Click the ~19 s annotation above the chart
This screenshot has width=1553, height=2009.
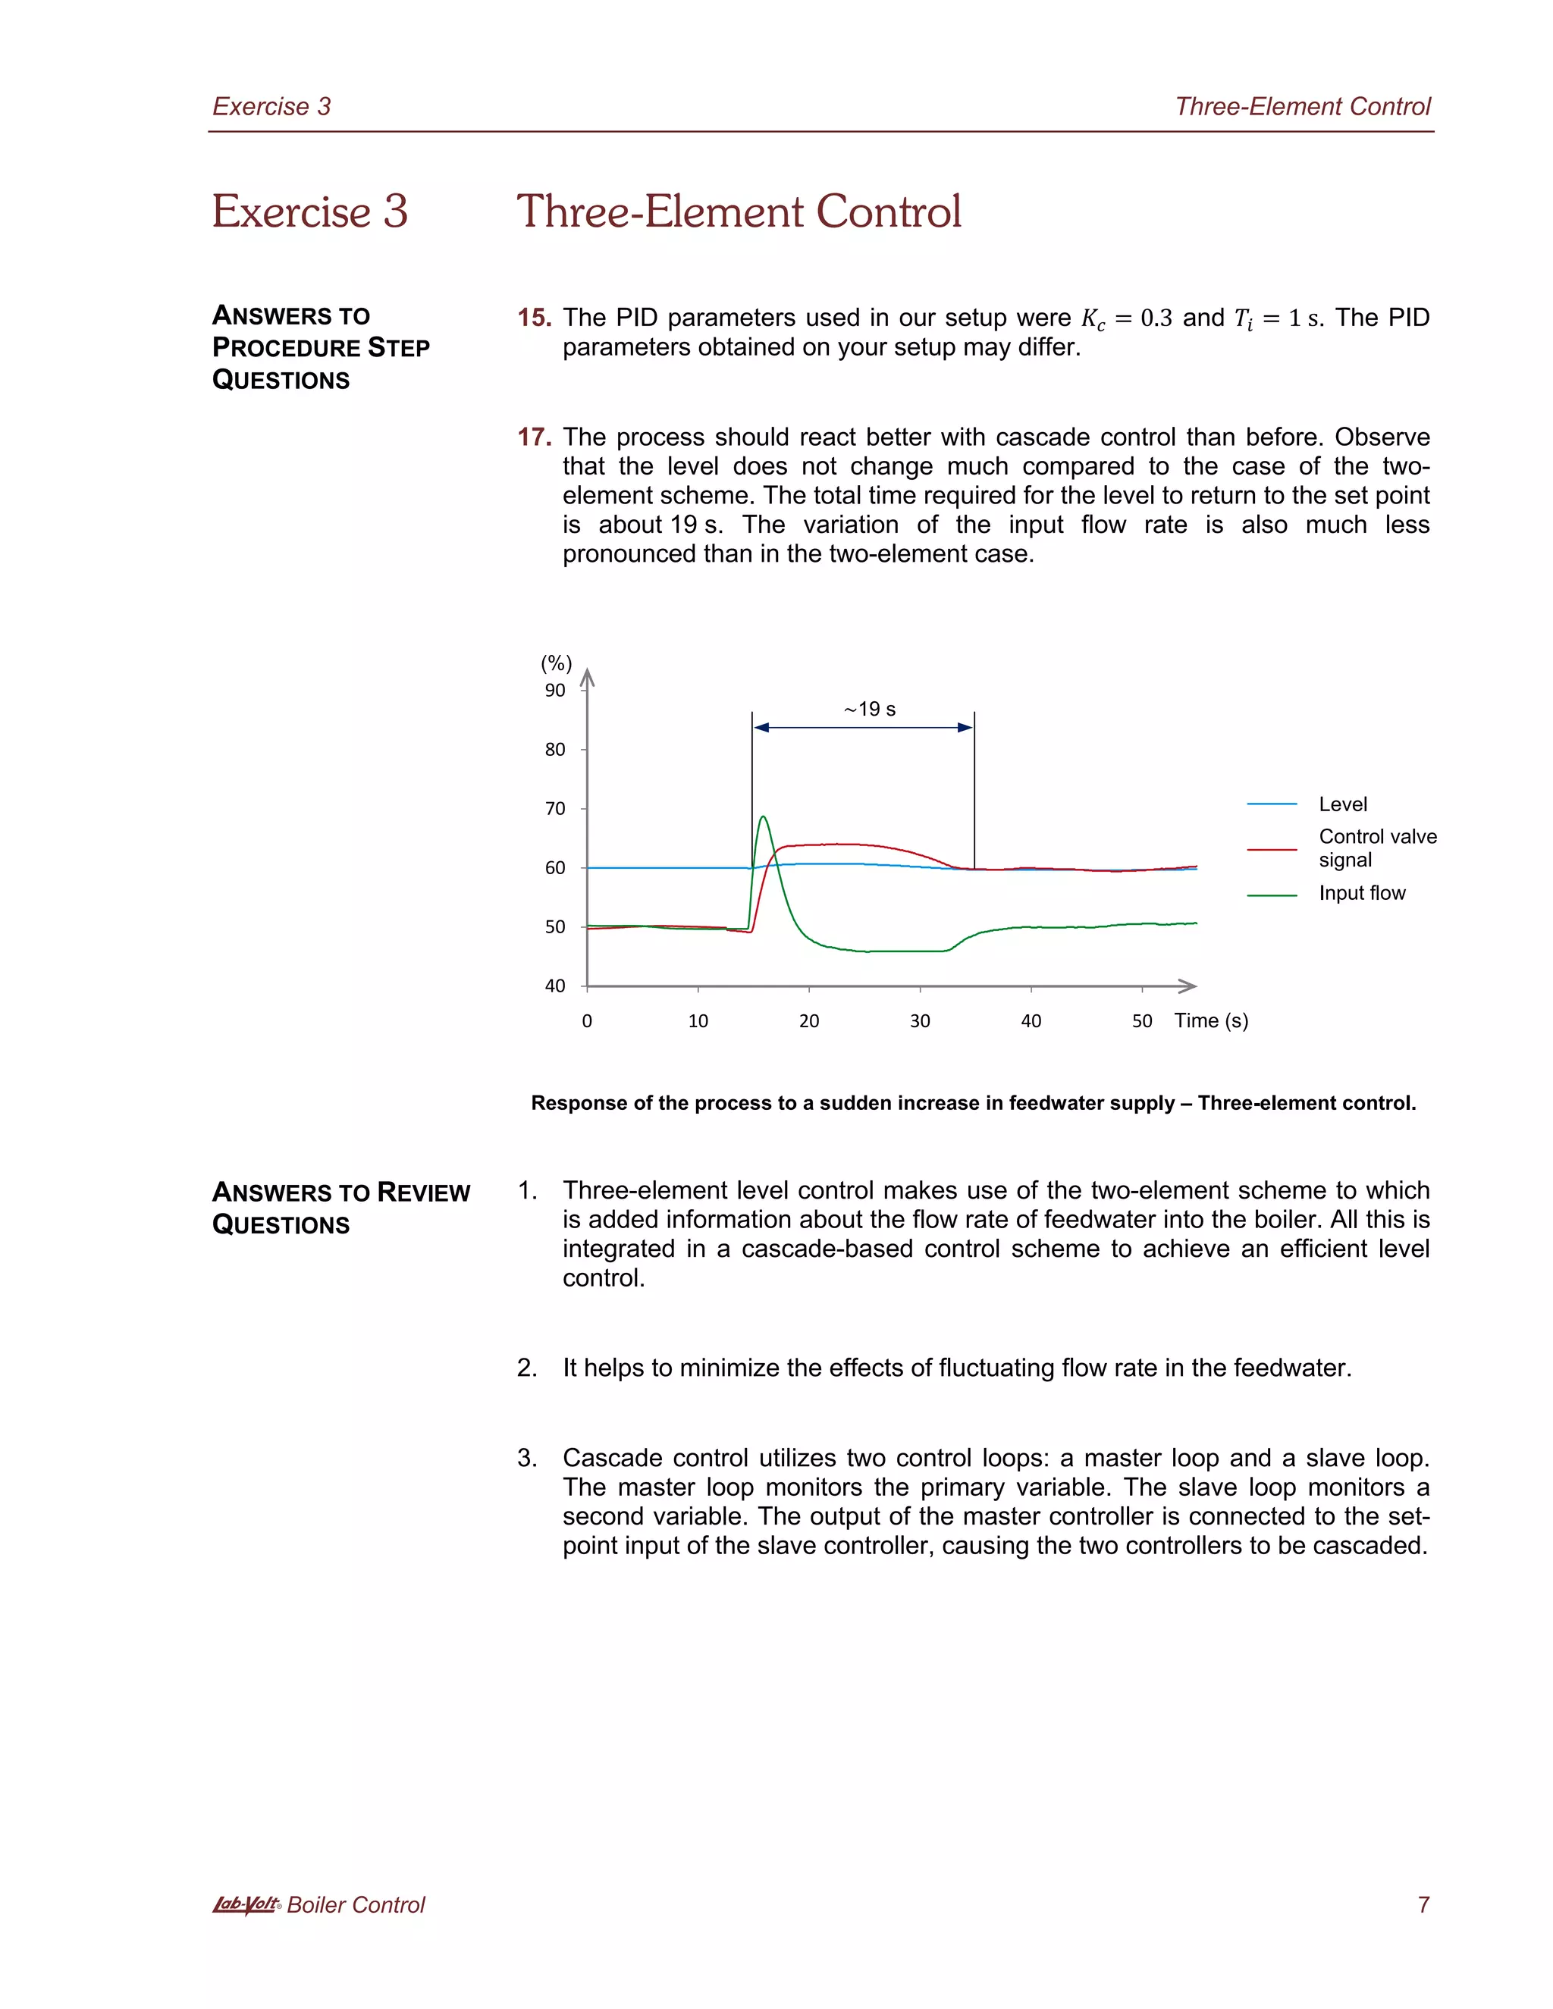pyautogui.click(x=870, y=710)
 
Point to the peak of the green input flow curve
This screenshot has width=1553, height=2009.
pyautogui.click(x=763, y=816)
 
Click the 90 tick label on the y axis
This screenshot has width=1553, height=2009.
pyautogui.click(x=555, y=691)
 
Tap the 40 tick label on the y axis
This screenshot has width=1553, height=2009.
pyautogui.click(x=555, y=986)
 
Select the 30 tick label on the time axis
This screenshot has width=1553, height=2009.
pyautogui.click(x=920, y=1021)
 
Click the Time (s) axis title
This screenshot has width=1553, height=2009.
pyautogui.click(x=1211, y=1020)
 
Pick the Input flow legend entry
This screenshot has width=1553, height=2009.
pyautogui.click(x=1362, y=893)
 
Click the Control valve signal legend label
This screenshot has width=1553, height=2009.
pyautogui.click(x=1376, y=848)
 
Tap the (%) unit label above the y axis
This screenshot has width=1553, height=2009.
pyautogui.click(x=556, y=663)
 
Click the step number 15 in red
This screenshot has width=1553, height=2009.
pyautogui.click(x=534, y=318)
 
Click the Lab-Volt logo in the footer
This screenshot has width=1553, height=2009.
pyautogui.click(x=246, y=1904)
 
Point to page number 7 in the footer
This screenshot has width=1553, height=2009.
pyautogui.click(x=1423, y=1905)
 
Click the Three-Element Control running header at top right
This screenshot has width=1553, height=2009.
pyautogui.click(x=1302, y=107)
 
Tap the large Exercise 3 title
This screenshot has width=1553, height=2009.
pyautogui.click(x=310, y=212)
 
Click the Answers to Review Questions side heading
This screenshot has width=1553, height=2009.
pyautogui.click(x=340, y=1208)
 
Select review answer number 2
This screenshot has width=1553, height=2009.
pyautogui.click(x=527, y=1368)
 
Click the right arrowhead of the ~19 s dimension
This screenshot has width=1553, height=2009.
pyautogui.click(x=966, y=728)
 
